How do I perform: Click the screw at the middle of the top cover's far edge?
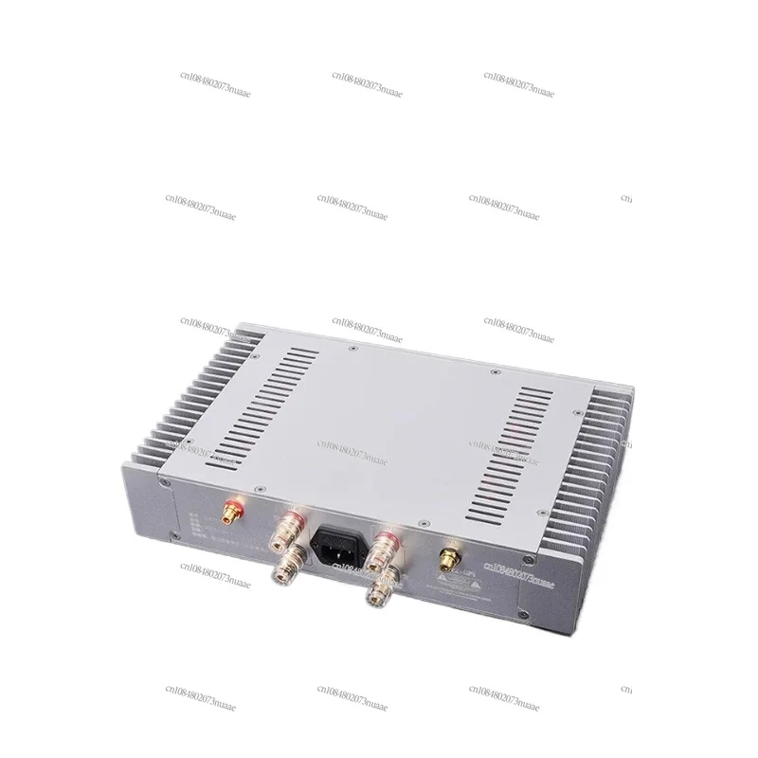point(352,349)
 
